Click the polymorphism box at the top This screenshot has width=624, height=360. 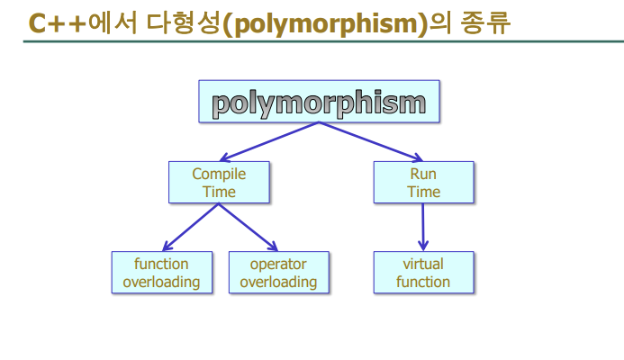point(320,102)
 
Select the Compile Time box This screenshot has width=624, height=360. point(219,183)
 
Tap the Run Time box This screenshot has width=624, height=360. point(423,183)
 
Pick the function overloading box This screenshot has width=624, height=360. point(162,273)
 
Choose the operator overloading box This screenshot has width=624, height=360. point(278,273)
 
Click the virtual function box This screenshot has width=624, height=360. point(423,273)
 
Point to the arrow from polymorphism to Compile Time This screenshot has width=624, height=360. point(270,141)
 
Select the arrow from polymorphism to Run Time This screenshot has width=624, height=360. point(369,141)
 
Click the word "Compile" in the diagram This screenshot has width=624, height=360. point(219,174)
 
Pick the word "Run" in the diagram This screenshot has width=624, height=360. point(423,174)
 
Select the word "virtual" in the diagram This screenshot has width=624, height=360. point(423,264)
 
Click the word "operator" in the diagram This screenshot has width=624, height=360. point(278,264)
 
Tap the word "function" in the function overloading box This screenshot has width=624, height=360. point(162,264)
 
